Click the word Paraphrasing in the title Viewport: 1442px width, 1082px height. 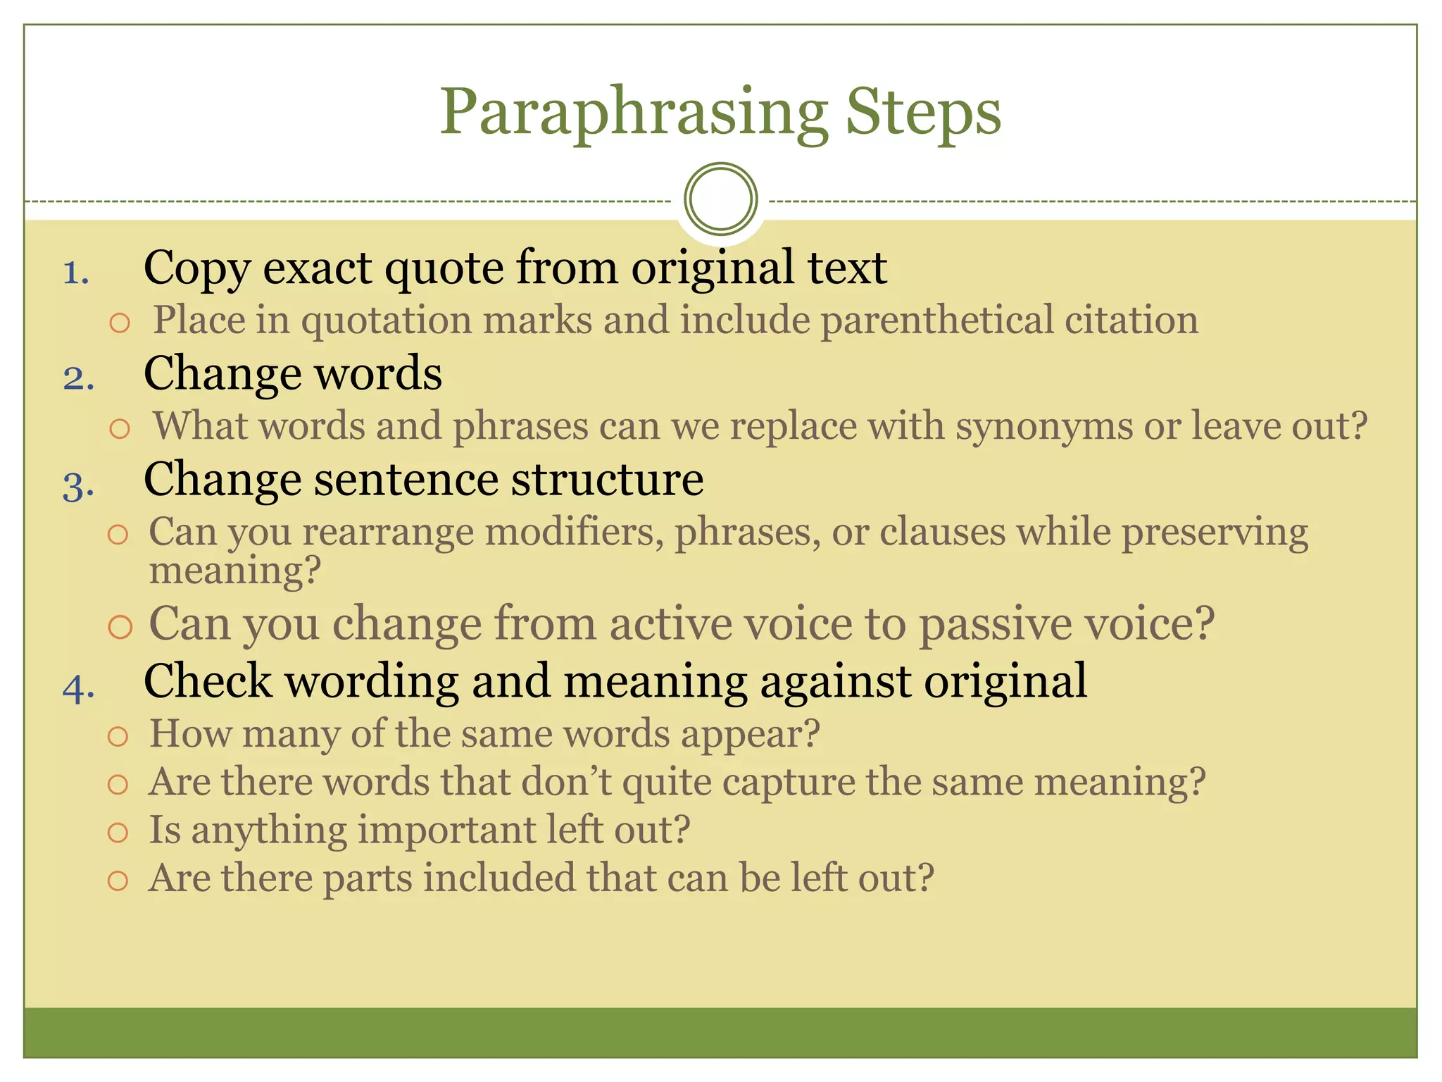(633, 113)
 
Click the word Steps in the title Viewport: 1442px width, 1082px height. (922, 113)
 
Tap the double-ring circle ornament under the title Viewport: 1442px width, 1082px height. (720, 199)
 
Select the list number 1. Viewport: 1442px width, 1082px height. (76, 273)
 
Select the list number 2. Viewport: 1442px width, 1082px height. (78, 378)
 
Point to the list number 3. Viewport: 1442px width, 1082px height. (78, 485)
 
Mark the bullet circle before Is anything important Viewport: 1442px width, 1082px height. (118, 833)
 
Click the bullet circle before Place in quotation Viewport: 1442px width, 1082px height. (120, 323)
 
